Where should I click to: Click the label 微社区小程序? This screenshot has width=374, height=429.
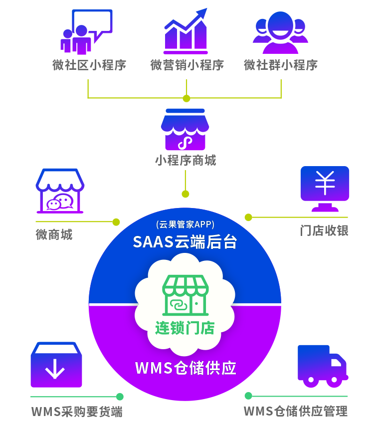pos(89,65)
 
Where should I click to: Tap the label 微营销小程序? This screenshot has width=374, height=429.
pos(187,65)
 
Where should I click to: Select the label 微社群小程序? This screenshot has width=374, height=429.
pos(281,65)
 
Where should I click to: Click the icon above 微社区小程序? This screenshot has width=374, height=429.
pos(87,31)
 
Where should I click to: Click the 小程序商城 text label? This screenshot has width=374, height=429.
pos(186,161)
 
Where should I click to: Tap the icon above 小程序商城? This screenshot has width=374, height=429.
pos(186,129)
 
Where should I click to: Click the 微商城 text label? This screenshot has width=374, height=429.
pos(54,234)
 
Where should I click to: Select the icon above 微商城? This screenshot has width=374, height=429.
pos(60,191)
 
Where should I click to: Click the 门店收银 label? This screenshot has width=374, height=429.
pos(324,230)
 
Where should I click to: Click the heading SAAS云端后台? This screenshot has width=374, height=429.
pos(185,242)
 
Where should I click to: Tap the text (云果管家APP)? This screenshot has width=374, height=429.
pos(185,224)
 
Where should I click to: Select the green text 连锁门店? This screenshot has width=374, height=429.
pos(185,328)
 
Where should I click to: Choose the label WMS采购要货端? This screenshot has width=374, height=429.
pos(77,412)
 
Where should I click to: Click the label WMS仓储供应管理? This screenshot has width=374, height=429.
pos(295,412)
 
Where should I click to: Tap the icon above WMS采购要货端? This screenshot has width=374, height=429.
pos(56,365)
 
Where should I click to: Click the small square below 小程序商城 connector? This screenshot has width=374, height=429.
pos(186,194)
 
